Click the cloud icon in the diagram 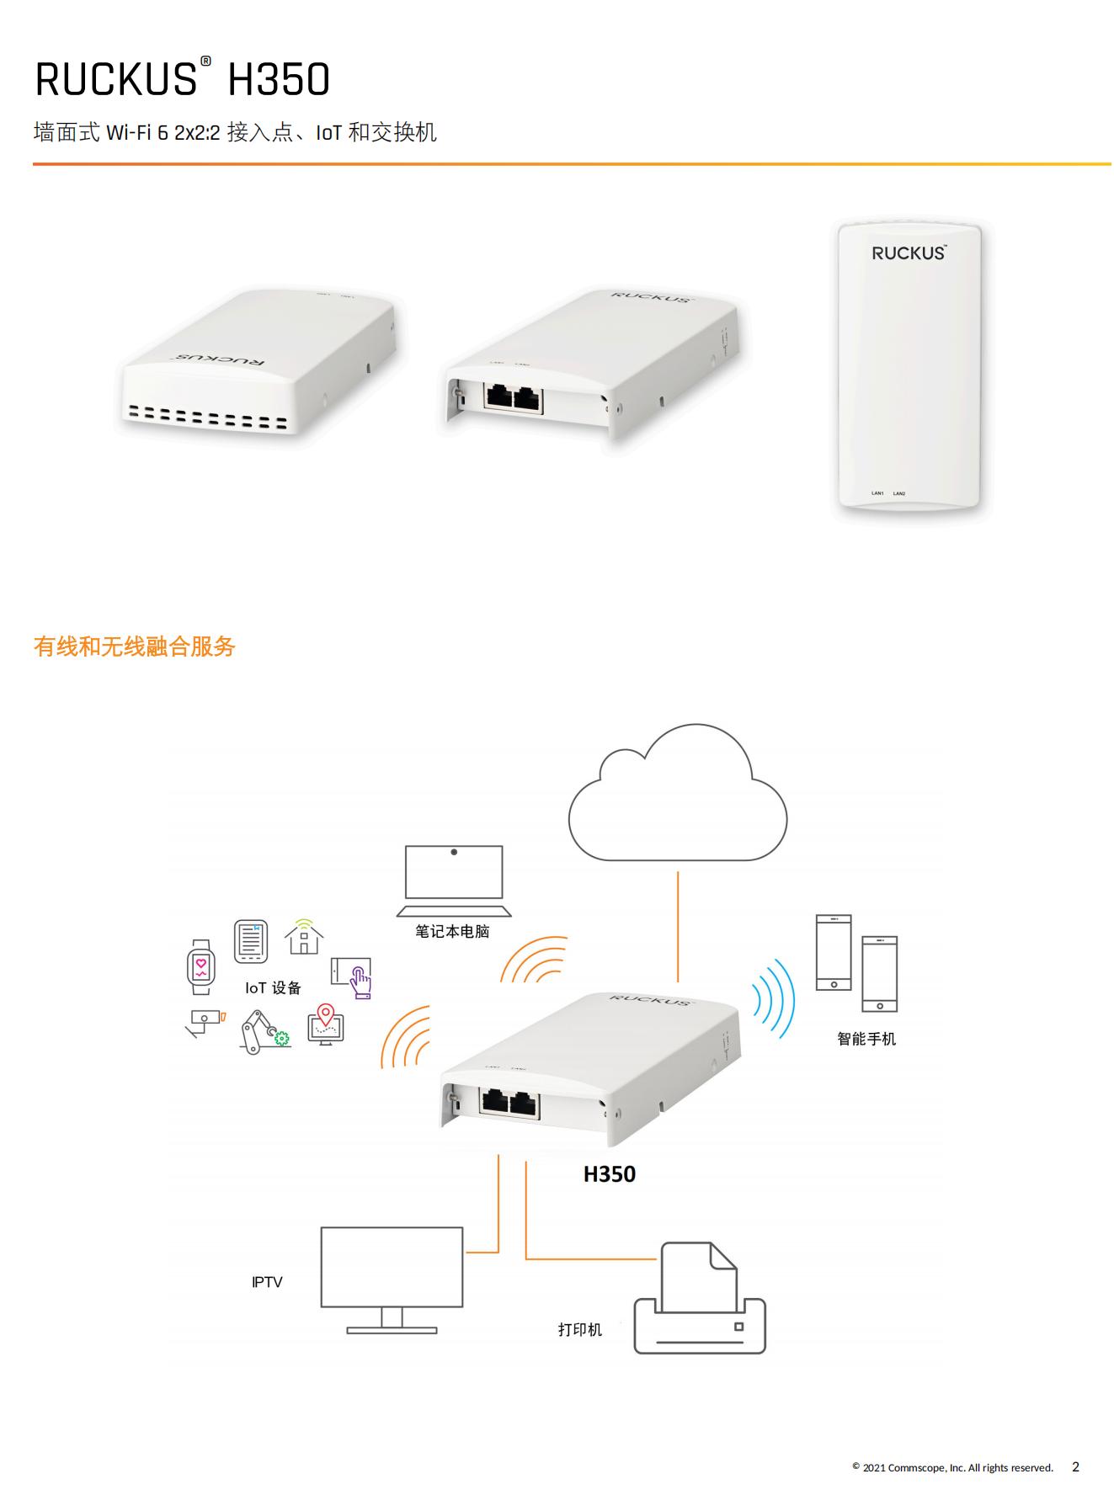click(677, 795)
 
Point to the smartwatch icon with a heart click(200, 967)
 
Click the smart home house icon click(304, 937)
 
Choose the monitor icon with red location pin click(326, 1024)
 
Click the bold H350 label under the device click(610, 1174)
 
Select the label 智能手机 click(866, 1039)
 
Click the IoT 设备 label click(273, 988)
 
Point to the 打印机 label click(580, 1330)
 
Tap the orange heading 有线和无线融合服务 click(135, 646)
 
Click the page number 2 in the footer click(1075, 1466)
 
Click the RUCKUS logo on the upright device click(909, 253)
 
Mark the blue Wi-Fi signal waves click(774, 999)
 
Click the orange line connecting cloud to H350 click(678, 926)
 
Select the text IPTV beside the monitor click(267, 1282)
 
